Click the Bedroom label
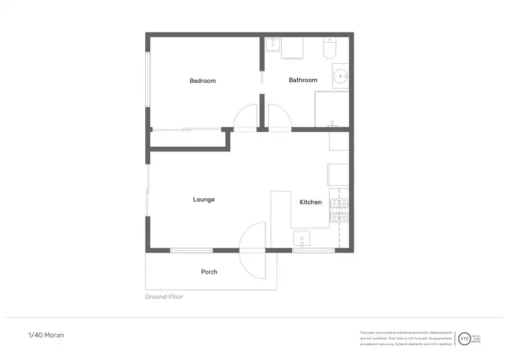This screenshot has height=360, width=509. click(202, 81)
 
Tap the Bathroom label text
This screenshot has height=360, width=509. click(303, 80)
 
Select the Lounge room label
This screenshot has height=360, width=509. click(204, 199)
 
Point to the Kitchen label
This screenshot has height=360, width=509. click(311, 202)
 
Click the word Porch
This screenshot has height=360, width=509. click(209, 272)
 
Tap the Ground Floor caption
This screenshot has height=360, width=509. click(164, 297)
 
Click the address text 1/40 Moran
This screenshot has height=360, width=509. click(46, 335)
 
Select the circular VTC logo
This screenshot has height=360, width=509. click(464, 338)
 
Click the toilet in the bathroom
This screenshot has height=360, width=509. click(330, 48)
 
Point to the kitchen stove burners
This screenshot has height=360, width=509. click(339, 211)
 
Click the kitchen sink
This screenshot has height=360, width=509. click(302, 238)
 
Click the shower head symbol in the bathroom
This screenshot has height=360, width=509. click(332, 124)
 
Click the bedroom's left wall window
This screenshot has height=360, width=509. click(147, 78)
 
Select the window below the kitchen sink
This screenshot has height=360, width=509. click(313, 251)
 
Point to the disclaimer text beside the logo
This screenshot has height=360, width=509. click(406, 338)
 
